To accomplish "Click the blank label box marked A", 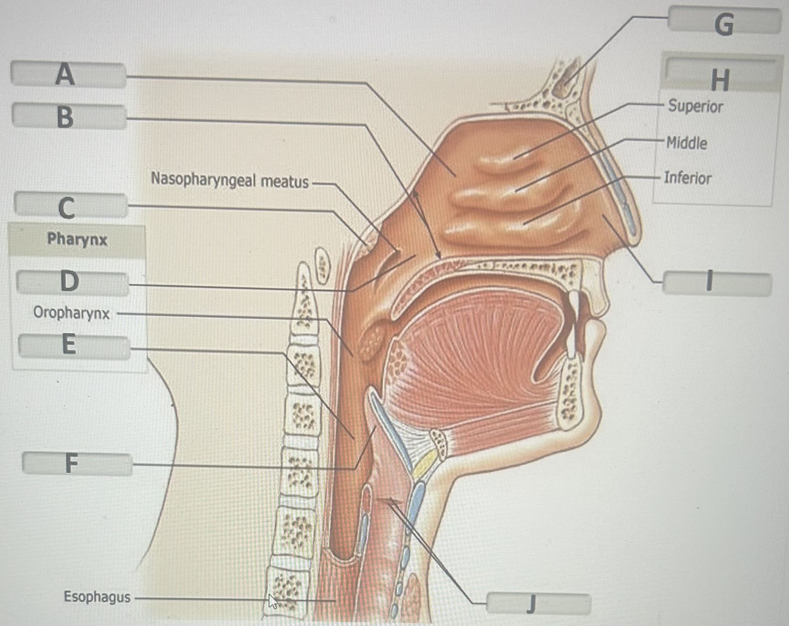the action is click(x=68, y=75).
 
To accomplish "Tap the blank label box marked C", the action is click(x=71, y=206).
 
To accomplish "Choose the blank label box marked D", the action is click(x=72, y=283).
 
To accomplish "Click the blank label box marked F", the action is click(x=77, y=464).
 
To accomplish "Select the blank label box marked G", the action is click(x=724, y=23).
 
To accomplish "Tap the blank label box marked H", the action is click(x=719, y=78).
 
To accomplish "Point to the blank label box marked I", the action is click(x=717, y=283).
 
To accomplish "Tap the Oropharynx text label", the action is click(x=71, y=314).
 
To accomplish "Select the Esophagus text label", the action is click(x=97, y=597).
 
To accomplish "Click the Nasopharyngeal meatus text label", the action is click(x=230, y=180).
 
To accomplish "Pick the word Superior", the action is click(x=695, y=106).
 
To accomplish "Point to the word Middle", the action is click(x=686, y=143).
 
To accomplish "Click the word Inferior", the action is click(x=688, y=178).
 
